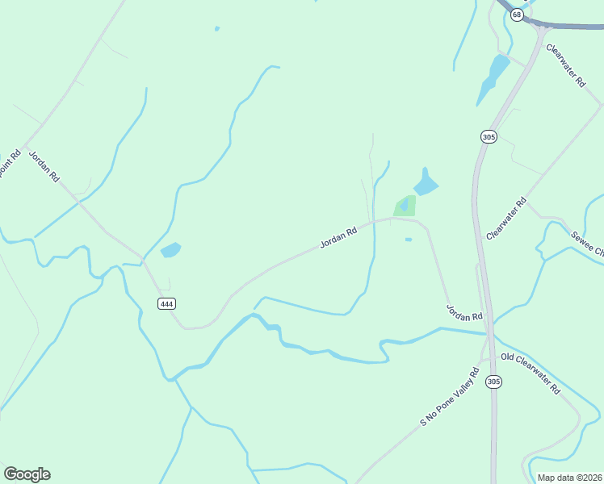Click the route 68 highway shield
tap(517, 15)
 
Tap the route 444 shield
tap(166, 303)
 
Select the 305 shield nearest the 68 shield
tap(488, 137)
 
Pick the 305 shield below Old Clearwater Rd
tap(494, 382)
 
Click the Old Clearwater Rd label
tap(531, 373)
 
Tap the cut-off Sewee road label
tap(588, 244)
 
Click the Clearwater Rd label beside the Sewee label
tap(507, 218)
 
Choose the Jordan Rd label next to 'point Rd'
tap(44, 165)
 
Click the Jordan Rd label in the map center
tap(338, 237)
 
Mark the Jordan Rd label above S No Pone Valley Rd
tap(464, 311)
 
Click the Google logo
tap(27, 474)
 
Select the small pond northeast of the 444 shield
tap(170, 250)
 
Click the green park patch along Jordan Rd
tap(405, 206)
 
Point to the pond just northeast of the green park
tap(426, 182)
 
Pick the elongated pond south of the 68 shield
tap(493, 78)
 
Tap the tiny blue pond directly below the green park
tap(408, 239)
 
